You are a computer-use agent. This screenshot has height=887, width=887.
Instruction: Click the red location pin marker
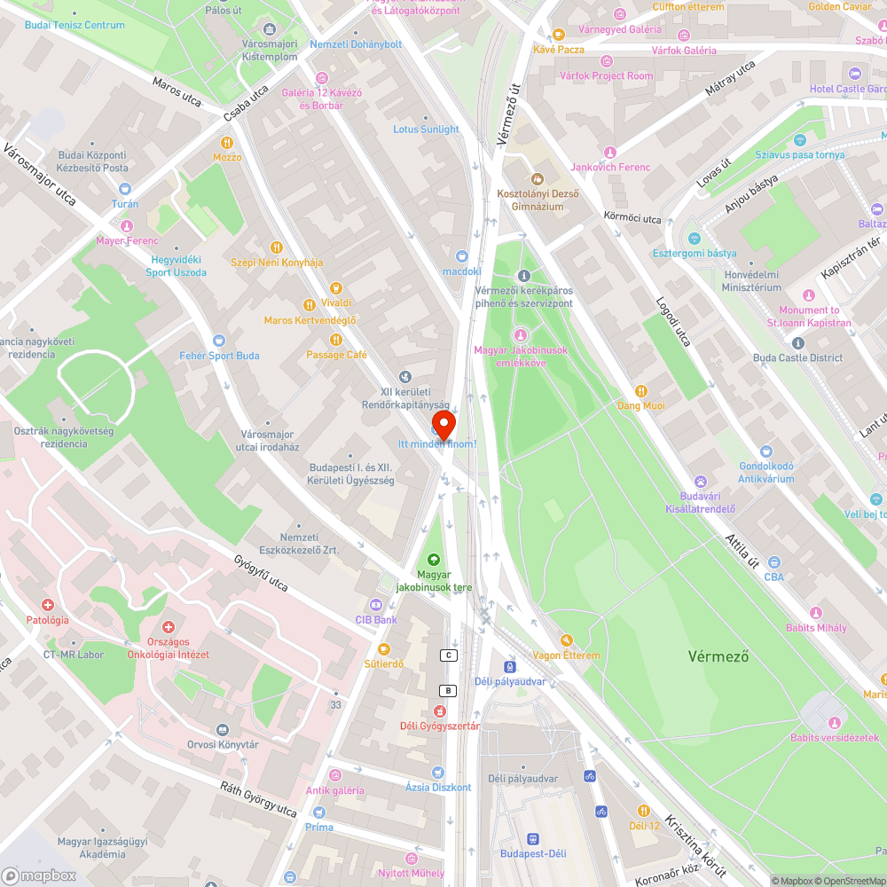coord(443,423)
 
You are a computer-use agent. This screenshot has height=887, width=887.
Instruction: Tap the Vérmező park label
coord(718,656)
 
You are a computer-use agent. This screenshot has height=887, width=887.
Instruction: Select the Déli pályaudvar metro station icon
coord(510,665)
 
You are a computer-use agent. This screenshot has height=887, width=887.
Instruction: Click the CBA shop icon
coord(774,561)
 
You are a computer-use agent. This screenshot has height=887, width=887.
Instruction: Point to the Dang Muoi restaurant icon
coord(640,391)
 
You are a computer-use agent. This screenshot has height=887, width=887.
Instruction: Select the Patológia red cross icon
coord(48,605)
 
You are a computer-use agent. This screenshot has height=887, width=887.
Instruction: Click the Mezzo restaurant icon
coord(227,142)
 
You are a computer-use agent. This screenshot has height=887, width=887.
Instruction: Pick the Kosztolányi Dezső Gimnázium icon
coord(535,178)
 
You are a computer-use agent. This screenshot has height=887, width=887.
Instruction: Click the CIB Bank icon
coord(376,605)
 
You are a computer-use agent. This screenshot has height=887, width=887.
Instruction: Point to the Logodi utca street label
coord(673,321)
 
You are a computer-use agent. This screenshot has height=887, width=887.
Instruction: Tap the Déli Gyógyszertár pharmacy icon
coord(439,710)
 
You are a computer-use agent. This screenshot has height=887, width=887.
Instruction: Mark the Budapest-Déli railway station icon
coord(532,838)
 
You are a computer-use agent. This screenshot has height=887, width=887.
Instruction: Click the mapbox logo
coord(39,875)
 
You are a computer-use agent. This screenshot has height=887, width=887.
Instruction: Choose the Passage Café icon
coord(335,340)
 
